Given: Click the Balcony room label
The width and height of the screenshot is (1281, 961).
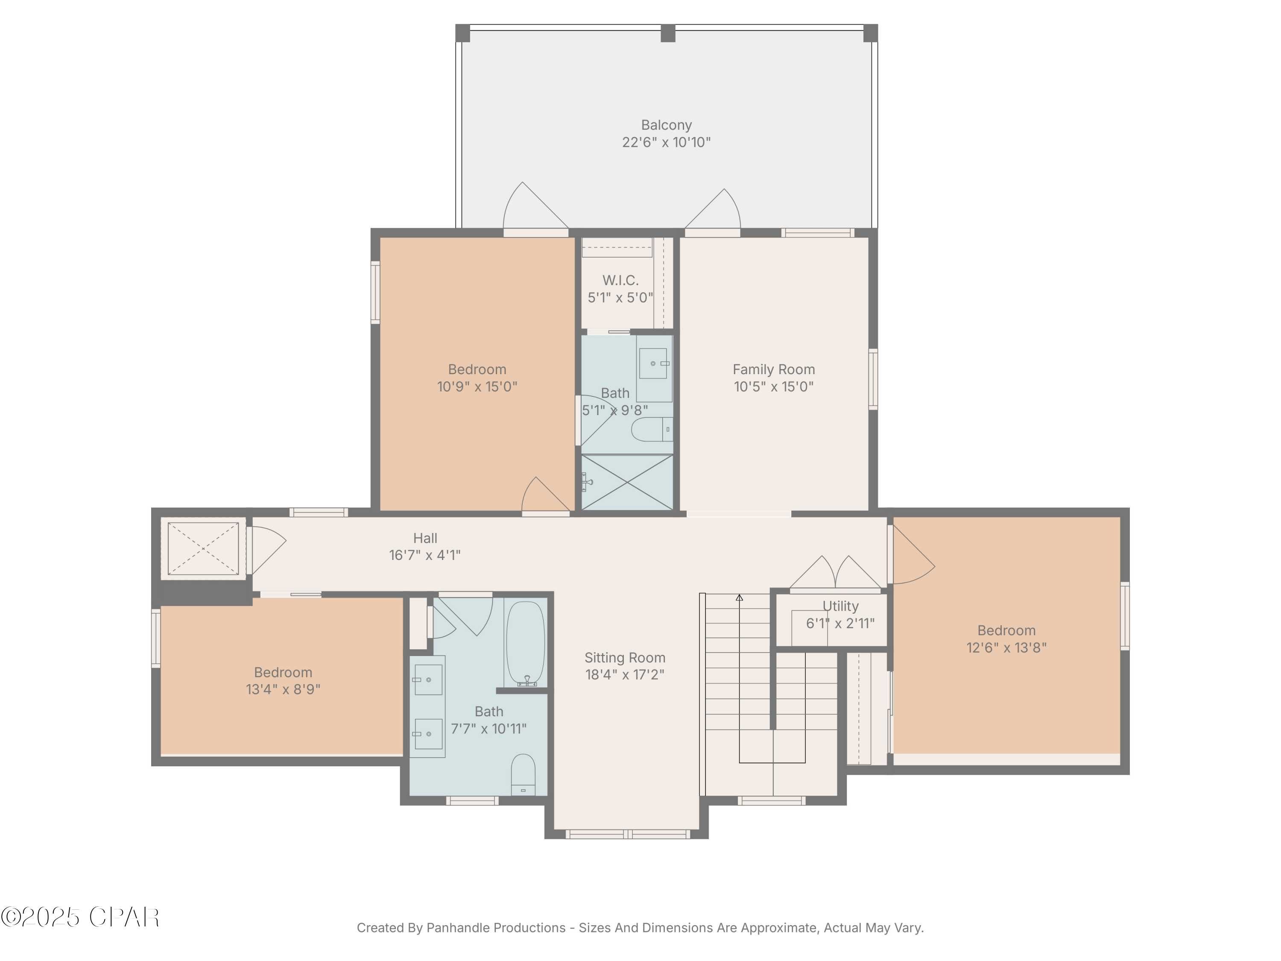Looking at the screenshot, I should [x=666, y=125].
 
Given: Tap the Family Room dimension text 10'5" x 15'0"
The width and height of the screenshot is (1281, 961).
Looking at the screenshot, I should [x=774, y=387].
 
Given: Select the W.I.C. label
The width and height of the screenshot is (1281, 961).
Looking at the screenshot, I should [x=620, y=280].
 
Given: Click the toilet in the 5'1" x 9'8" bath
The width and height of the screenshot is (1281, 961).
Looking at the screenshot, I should [x=651, y=430].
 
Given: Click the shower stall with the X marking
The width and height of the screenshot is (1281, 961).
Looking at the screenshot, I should [x=627, y=483].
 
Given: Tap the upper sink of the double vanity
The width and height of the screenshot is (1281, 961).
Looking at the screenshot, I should [x=429, y=680].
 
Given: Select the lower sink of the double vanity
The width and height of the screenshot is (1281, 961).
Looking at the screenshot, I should [x=429, y=733].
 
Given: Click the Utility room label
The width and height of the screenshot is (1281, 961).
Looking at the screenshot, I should [x=840, y=606].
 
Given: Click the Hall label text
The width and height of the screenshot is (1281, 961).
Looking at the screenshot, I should [x=425, y=538].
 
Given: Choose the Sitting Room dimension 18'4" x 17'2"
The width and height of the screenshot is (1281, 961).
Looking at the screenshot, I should [x=625, y=674].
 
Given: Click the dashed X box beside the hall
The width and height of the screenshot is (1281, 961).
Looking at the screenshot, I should [x=203, y=548].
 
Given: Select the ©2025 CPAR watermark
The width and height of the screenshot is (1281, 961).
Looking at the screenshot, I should [x=80, y=917].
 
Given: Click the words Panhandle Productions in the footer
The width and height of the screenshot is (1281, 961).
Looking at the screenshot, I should [x=496, y=928].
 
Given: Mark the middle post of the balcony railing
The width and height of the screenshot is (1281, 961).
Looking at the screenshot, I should [x=668, y=33].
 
